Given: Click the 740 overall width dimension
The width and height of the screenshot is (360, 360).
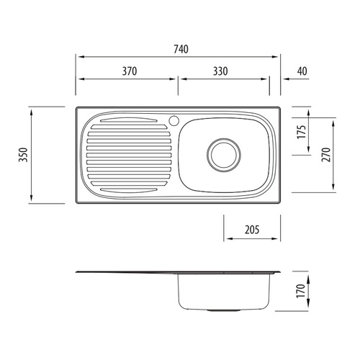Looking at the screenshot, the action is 181,49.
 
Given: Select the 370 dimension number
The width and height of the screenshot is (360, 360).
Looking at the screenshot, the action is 130,71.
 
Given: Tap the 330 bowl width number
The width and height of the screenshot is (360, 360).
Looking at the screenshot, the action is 220,71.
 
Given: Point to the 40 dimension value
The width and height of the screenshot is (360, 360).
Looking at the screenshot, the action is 302,71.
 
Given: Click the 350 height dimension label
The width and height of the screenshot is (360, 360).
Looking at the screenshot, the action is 24,155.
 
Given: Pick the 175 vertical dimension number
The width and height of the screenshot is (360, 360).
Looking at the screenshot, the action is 302,132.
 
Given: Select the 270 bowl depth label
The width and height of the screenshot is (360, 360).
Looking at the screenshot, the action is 326,155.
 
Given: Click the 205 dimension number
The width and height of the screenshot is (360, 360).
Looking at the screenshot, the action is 252,230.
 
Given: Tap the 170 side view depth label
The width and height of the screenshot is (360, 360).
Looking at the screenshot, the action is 301,291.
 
